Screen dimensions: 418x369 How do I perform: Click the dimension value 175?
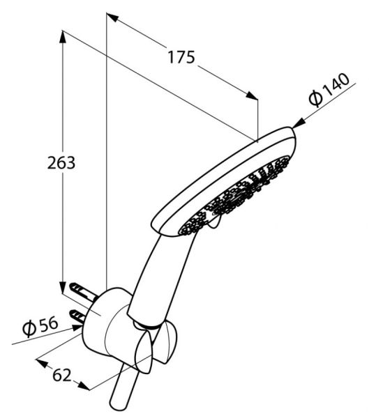point(181,58)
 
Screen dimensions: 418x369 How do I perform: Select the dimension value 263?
point(61,163)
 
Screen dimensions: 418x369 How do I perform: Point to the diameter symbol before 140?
point(314,98)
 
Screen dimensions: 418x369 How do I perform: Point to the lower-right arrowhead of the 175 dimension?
point(252,96)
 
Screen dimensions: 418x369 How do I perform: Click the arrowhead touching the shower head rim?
point(298,124)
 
